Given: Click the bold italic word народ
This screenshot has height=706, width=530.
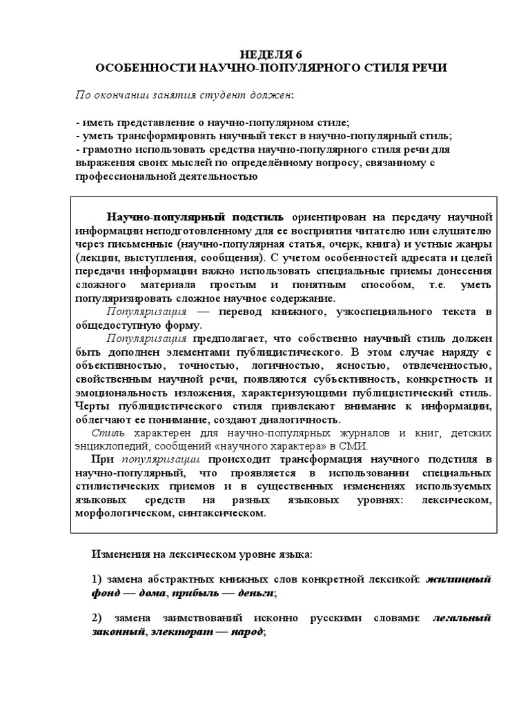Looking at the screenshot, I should [249, 632].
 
